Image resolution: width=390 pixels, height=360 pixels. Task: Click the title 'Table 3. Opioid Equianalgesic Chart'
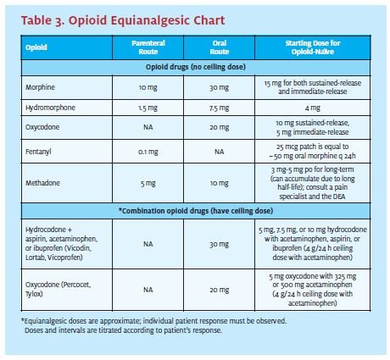click(x=123, y=20)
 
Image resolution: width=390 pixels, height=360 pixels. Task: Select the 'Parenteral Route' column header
click(x=148, y=47)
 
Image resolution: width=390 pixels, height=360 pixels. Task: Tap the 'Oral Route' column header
click(x=220, y=47)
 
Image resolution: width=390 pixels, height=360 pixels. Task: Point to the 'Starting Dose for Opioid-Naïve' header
click(x=313, y=47)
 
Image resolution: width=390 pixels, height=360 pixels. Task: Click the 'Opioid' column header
click(x=36, y=47)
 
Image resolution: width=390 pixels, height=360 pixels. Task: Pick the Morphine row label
click(x=40, y=87)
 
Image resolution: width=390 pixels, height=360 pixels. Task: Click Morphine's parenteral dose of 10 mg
click(x=148, y=87)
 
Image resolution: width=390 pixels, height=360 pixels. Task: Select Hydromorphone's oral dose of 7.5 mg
click(x=220, y=108)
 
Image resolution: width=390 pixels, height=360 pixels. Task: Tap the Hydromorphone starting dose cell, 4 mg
click(x=313, y=108)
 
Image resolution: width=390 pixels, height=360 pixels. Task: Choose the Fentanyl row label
click(x=38, y=152)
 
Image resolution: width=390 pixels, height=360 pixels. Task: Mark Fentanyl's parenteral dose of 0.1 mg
click(x=148, y=152)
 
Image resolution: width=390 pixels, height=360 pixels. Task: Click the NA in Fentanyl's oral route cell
click(x=220, y=152)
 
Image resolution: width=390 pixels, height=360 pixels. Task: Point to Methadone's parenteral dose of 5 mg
click(x=148, y=183)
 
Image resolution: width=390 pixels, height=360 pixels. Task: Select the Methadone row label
click(x=42, y=183)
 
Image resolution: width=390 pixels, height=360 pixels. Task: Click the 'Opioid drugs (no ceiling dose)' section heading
click(x=196, y=67)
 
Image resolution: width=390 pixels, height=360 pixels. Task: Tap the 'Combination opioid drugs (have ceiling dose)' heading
click(x=196, y=211)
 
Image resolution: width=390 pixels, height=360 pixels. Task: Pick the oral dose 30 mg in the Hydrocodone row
click(x=220, y=244)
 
